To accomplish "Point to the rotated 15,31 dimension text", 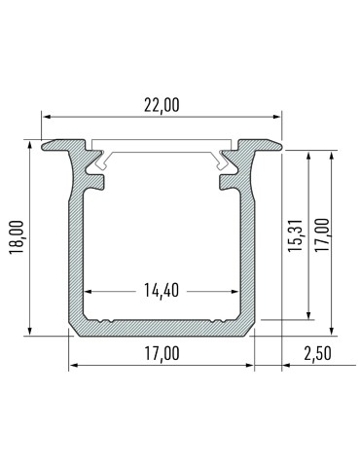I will pos(296,234).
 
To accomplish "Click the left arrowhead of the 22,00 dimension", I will pos(46,115).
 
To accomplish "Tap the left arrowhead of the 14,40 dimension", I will pos(91,291).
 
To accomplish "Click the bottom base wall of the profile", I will pos(161,329).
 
